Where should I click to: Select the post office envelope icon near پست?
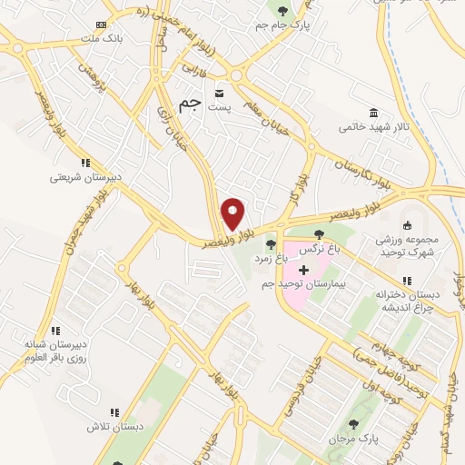tap(219, 93)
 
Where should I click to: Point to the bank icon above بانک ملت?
tap(101, 25)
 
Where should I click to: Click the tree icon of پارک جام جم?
tap(283, 12)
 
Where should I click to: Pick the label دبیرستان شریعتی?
tap(80, 178)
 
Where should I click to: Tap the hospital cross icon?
tap(303, 270)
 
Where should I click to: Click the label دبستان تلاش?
tap(104, 426)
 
